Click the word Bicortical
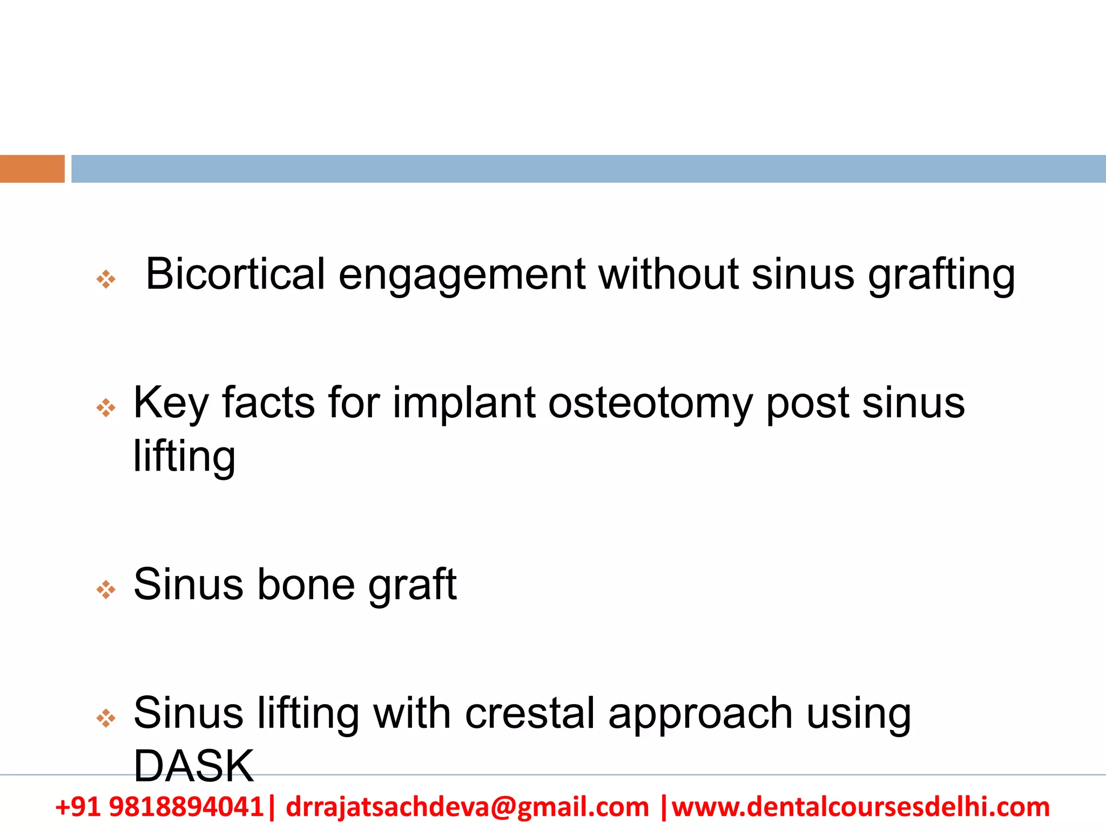click(235, 274)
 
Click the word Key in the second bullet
click(171, 404)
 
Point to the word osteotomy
click(650, 404)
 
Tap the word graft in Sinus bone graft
click(413, 586)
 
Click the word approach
click(700, 715)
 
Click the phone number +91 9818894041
click(159, 807)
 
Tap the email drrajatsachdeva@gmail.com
click(467, 807)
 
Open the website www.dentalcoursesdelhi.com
click(861, 807)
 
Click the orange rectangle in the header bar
click(32, 169)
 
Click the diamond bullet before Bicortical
click(106, 279)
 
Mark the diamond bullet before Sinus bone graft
click(106, 590)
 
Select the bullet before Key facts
click(106, 408)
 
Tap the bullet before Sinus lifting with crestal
click(106, 718)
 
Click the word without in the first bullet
click(668, 274)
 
